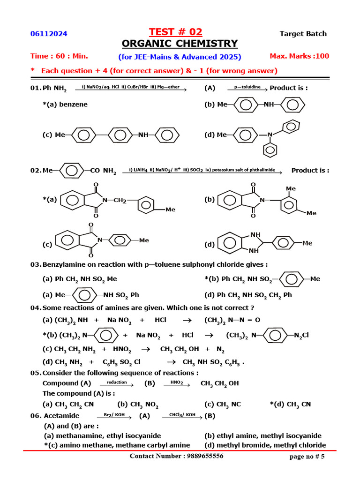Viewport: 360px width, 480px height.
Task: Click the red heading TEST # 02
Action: click(x=175, y=32)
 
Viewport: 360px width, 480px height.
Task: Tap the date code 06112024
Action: click(x=49, y=34)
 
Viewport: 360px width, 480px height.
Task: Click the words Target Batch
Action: click(x=303, y=34)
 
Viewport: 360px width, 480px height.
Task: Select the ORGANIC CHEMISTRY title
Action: click(x=180, y=44)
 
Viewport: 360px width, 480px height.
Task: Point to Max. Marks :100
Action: click(x=300, y=56)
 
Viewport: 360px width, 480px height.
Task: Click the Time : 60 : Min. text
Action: click(x=59, y=56)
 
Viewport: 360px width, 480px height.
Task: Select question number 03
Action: click(x=36, y=264)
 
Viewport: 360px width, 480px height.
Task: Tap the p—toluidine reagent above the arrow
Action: click(x=247, y=87)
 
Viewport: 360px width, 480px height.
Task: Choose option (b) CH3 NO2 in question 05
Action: click(x=138, y=404)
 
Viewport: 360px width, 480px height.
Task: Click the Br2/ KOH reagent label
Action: click(x=111, y=415)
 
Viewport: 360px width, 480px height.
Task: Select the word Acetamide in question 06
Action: click(x=61, y=415)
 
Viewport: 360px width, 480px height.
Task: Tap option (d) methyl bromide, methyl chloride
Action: click(x=265, y=445)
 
